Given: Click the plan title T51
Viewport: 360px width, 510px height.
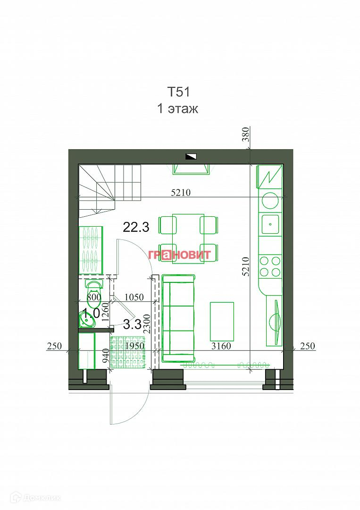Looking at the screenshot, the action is pyautogui.click(x=179, y=91).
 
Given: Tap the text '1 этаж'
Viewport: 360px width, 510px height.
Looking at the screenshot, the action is pyautogui.click(x=177, y=109).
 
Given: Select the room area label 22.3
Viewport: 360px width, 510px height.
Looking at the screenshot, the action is pyautogui.click(x=136, y=227).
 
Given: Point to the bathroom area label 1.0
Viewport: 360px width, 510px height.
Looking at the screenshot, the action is pyautogui.click(x=91, y=313).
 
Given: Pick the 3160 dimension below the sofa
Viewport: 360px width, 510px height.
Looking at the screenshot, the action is pyautogui.click(x=221, y=346).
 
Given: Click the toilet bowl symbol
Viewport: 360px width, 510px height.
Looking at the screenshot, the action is pyautogui.click(x=94, y=286).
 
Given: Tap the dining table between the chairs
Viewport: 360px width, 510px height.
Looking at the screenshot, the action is pyautogui.click(x=188, y=238).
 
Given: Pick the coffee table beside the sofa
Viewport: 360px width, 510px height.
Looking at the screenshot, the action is pyautogui.click(x=222, y=321).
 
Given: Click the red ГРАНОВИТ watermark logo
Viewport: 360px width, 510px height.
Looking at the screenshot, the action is pyautogui.click(x=180, y=254).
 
